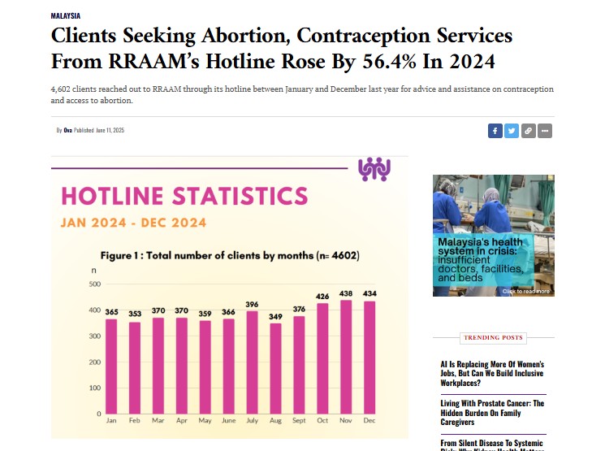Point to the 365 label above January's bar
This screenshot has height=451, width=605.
pyautogui.click(x=111, y=310)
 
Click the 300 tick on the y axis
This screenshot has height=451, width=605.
pyautogui.click(x=94, y=336)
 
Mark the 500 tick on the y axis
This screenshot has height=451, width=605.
pyautogui.click(x=94, y=284)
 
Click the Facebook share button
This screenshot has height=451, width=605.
pyautogui.click(x=495, y=130)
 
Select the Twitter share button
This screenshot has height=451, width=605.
pyautogui.click(x=512, y=130)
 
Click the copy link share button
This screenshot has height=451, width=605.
pyautogui.click(x=529, y=130)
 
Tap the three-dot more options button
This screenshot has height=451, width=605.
pyautogui.click(x=545, y=130)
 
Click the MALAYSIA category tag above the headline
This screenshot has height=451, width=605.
pyautogui.click(x=65, y=15)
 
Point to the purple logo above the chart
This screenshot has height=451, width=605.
pyautogui.click(x=374, y=169)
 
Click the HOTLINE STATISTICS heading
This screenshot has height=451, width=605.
pyautogui.click(x=184, y=196)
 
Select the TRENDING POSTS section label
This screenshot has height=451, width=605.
pyautogui.click(x=493, y=337)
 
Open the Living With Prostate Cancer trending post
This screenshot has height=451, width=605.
pyautogui.click(x=492, y=413)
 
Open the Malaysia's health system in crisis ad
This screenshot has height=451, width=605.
pyautogui.click(x=493, y=236)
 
